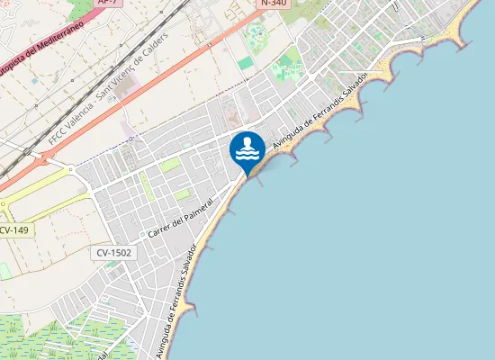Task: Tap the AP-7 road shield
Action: [x=107, y=3]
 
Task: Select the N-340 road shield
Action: [x=275, y=4]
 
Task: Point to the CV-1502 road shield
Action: [x=115, y=253]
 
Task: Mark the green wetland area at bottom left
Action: [x=54, y=337]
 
